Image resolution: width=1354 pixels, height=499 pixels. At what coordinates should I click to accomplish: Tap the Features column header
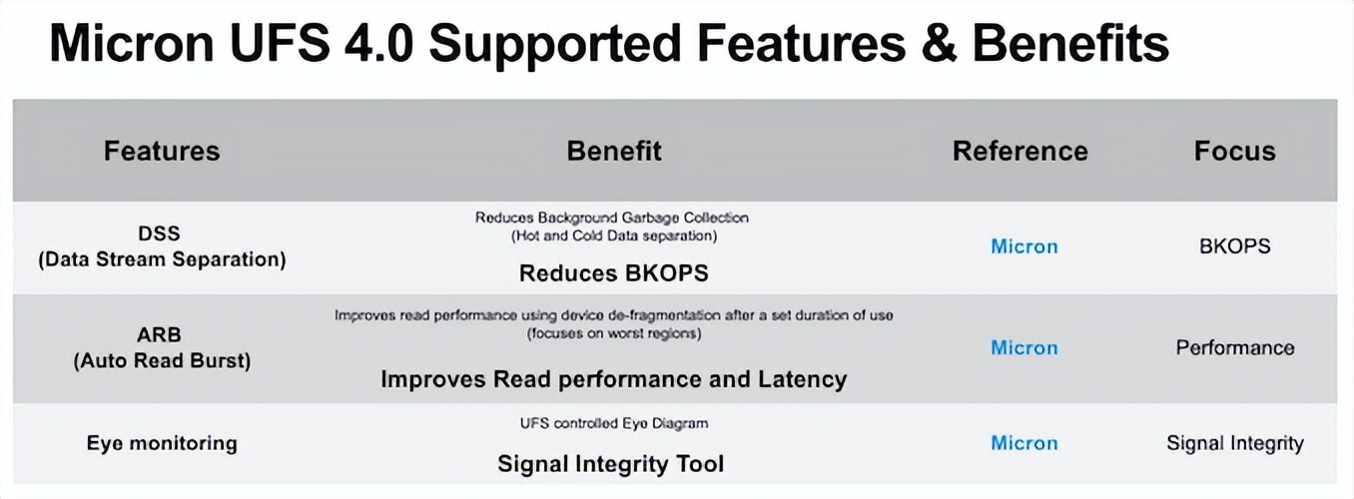click(162, 152)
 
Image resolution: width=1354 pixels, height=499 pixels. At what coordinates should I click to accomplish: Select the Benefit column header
click(613, 152)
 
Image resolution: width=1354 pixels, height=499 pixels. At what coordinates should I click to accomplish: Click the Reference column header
click(1019, 152)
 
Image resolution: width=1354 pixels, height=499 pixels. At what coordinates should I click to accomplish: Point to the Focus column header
click(1234, 152)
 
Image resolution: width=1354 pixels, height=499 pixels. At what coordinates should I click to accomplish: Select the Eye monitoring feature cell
click(162, 443)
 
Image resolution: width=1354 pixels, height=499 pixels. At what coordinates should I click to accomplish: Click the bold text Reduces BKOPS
click(613, 273)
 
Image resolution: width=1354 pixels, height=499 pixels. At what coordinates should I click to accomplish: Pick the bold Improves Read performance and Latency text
click(613, 379)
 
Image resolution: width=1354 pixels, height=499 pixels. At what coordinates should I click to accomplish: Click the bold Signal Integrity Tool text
click(610, 464)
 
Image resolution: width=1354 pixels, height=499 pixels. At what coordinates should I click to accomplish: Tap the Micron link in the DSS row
click(1023, 247)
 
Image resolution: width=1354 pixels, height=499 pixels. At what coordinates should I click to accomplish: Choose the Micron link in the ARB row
click(1023, 348)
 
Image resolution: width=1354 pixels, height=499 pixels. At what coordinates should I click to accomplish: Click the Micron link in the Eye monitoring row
click(1023, 443)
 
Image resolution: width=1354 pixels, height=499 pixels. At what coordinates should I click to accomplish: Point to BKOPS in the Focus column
click(1234, 247)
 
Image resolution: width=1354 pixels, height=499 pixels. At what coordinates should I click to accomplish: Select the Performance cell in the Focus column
click(1234, 348)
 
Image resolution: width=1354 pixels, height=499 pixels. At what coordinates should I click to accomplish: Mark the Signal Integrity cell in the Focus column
click(1234, 443)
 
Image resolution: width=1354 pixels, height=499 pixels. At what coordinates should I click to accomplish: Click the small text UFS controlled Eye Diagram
click(613, 423)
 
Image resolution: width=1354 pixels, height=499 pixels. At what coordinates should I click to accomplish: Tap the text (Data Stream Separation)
click(162, 259)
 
